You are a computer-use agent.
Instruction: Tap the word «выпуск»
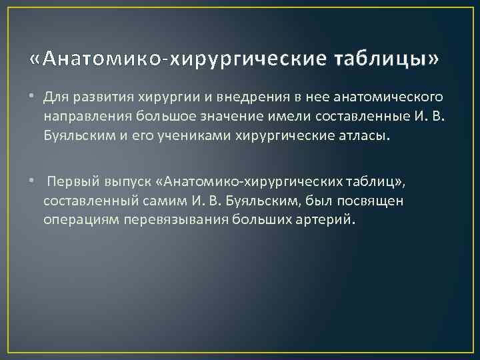tap(125, 181)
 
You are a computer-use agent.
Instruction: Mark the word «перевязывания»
tap(175, 219)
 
